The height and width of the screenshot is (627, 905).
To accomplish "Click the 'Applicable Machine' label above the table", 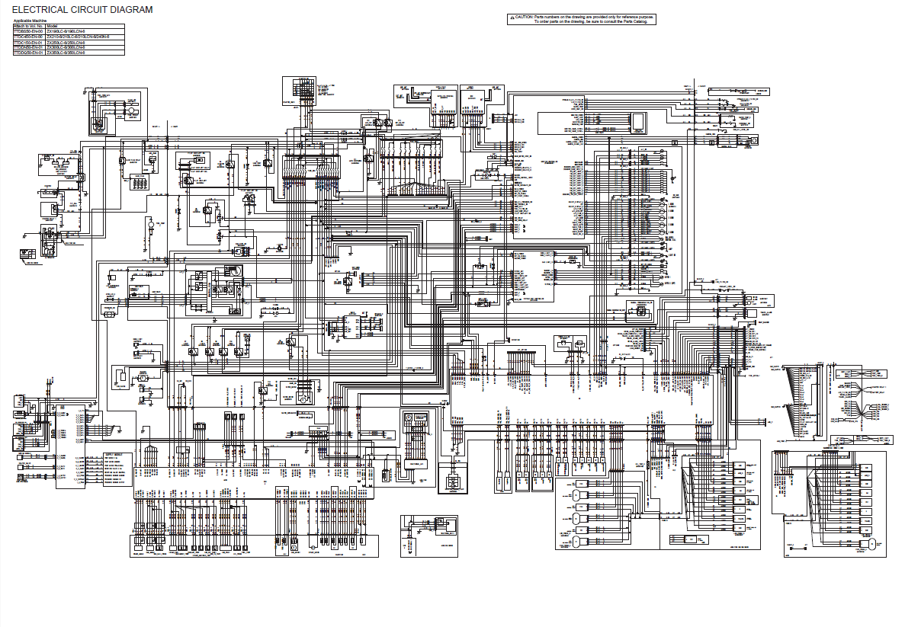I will (30, 20).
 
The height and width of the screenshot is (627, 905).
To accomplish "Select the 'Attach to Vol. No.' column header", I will (28, 26).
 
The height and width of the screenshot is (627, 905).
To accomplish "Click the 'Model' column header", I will (53, 26).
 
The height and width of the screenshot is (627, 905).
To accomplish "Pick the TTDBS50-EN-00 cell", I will (29, 31).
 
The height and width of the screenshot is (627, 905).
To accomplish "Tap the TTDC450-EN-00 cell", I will (29, 37).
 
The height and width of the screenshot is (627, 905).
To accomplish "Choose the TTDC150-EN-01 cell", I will (29, 43).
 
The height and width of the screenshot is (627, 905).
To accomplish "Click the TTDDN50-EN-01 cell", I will (29, 48).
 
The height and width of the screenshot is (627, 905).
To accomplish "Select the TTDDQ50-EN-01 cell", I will (29, 53).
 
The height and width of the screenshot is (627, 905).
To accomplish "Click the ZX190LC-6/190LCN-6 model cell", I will (66, 31).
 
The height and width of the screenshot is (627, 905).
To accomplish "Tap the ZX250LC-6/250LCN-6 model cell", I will (66, 43).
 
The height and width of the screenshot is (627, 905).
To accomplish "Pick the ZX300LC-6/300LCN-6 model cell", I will (66, 48).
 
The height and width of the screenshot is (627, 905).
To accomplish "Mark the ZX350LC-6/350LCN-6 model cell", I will (66, 53).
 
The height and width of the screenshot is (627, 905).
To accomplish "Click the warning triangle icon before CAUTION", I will (512, 16).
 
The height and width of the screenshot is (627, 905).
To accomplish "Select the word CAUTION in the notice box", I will (524, 16).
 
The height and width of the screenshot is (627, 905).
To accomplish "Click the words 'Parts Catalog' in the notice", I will (636, 22).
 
